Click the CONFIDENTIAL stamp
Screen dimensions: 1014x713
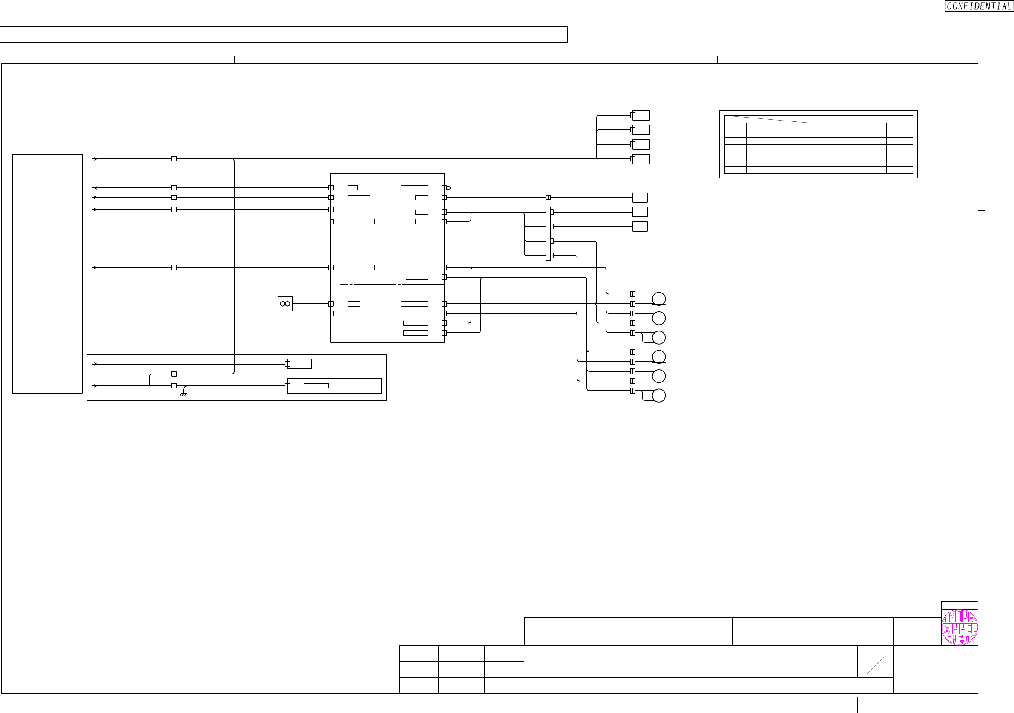point(979,6)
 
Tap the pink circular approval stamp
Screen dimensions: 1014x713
point(959,627)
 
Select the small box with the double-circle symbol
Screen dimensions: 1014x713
point(285,304)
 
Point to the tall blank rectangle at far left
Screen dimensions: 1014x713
point(47,273)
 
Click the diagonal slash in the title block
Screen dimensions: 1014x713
point(875,665)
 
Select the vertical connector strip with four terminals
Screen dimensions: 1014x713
point(548,234)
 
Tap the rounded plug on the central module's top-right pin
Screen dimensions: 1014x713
point(448,188)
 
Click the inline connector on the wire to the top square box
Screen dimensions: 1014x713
point(548,198)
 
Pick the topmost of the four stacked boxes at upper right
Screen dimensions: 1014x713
point(641,115)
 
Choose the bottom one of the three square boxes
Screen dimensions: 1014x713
point(640,227)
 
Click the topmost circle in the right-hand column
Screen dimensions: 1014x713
point(658,299)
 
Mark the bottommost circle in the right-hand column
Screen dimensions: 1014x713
point(658,395)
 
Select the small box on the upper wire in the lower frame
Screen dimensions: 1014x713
point(299,364)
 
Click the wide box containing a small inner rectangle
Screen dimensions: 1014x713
point(334,385)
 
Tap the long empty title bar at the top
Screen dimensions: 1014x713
point(284,34)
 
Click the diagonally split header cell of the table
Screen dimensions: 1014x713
point(765,119)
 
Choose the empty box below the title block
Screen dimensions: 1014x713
point(759,704)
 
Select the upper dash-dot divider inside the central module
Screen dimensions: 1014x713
point(392,253)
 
